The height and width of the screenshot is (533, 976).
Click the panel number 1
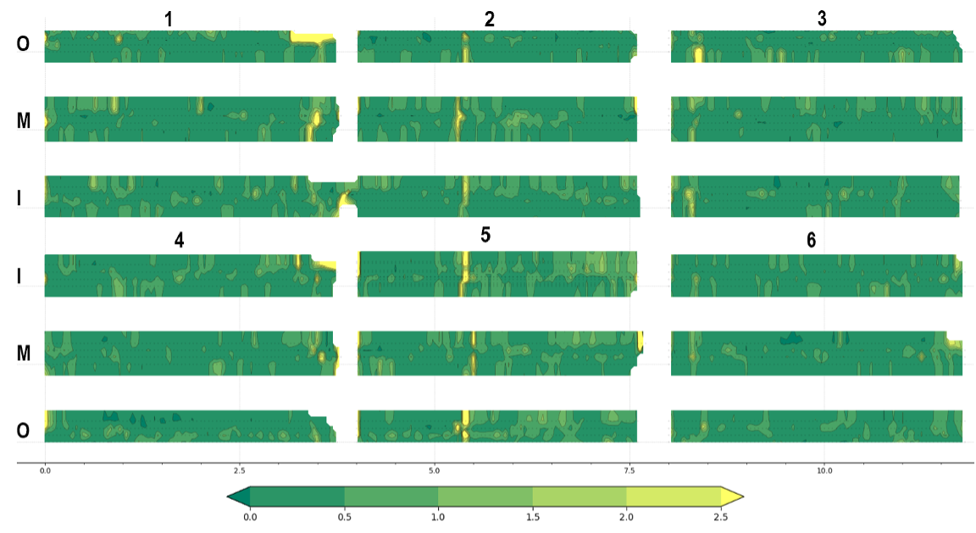168,19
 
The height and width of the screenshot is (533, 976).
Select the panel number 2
489,19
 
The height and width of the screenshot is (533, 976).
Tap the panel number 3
822,19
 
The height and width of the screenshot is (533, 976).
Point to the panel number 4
180,241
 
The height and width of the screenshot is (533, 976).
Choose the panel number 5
485,235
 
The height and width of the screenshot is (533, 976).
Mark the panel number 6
811,240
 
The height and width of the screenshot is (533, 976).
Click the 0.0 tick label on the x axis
45,471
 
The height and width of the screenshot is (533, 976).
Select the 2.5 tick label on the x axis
240,471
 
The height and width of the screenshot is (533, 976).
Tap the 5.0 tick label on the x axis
435,471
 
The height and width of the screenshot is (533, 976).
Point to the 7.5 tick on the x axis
629,471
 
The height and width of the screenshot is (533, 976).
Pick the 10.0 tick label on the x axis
824,471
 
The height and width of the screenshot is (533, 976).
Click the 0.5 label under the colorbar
344,517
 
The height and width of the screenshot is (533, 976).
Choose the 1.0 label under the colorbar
438,517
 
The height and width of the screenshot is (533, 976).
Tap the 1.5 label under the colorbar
533,517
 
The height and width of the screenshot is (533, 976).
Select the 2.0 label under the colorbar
627,517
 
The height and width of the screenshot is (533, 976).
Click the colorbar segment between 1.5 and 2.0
579,497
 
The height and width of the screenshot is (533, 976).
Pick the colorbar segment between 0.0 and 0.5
297,497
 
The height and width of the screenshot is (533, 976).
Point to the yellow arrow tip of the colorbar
742,497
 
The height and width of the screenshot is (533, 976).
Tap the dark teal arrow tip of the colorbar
229,497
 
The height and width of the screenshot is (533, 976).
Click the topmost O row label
23,43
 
